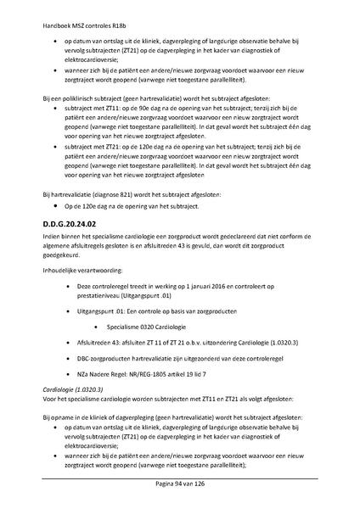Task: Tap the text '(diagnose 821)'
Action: pyautogui.click(x=104, y=195)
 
